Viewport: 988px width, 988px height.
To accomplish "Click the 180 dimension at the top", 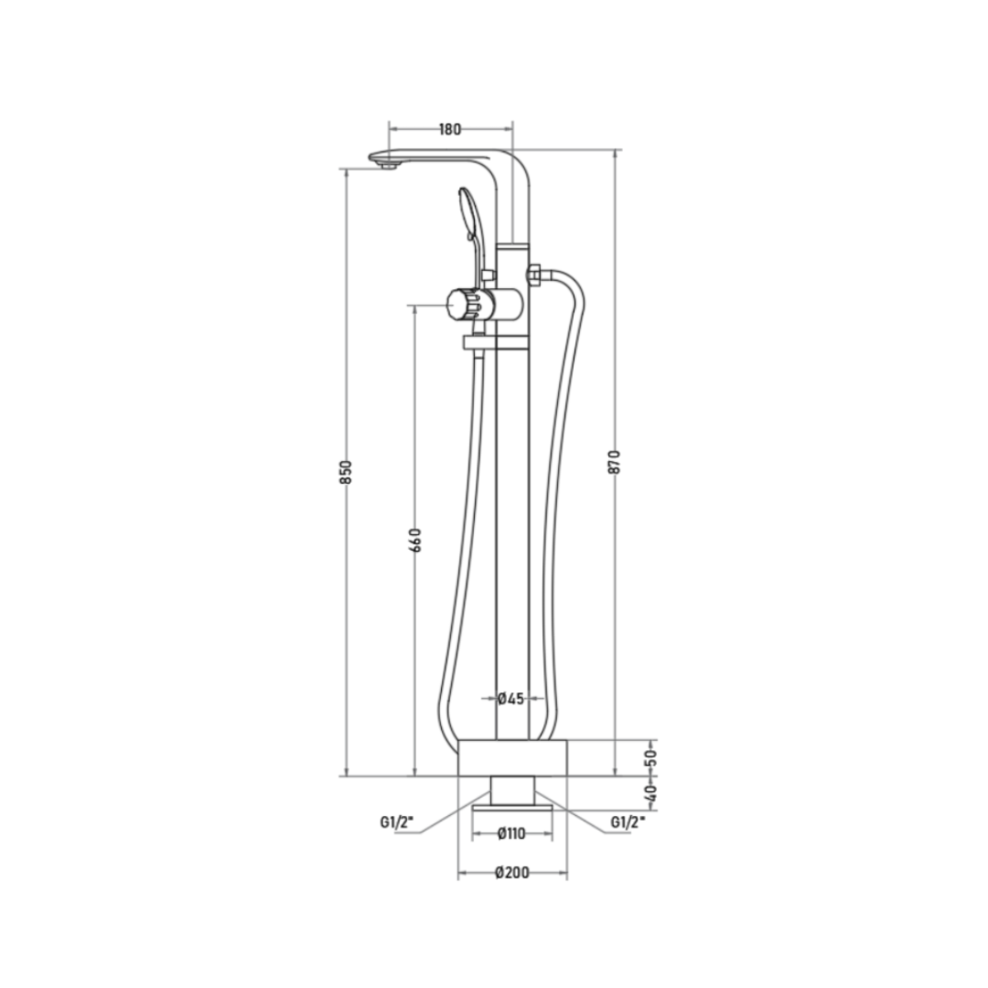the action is [449, 129].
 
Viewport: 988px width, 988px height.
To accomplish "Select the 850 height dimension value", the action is [346, 473].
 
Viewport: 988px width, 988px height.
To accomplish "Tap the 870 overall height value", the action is [615, 462].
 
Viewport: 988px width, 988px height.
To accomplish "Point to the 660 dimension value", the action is [415, 540].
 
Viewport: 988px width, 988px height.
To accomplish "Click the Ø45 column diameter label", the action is [511, 698].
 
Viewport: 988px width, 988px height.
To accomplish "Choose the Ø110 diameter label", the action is [511, 833].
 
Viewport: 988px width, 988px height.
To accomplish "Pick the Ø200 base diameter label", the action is [512, 873].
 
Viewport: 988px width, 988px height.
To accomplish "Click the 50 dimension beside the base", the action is [651, 756].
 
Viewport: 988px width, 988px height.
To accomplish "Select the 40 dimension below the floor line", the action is [651, 791].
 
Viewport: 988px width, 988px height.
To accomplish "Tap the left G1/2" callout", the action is [397, 822].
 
